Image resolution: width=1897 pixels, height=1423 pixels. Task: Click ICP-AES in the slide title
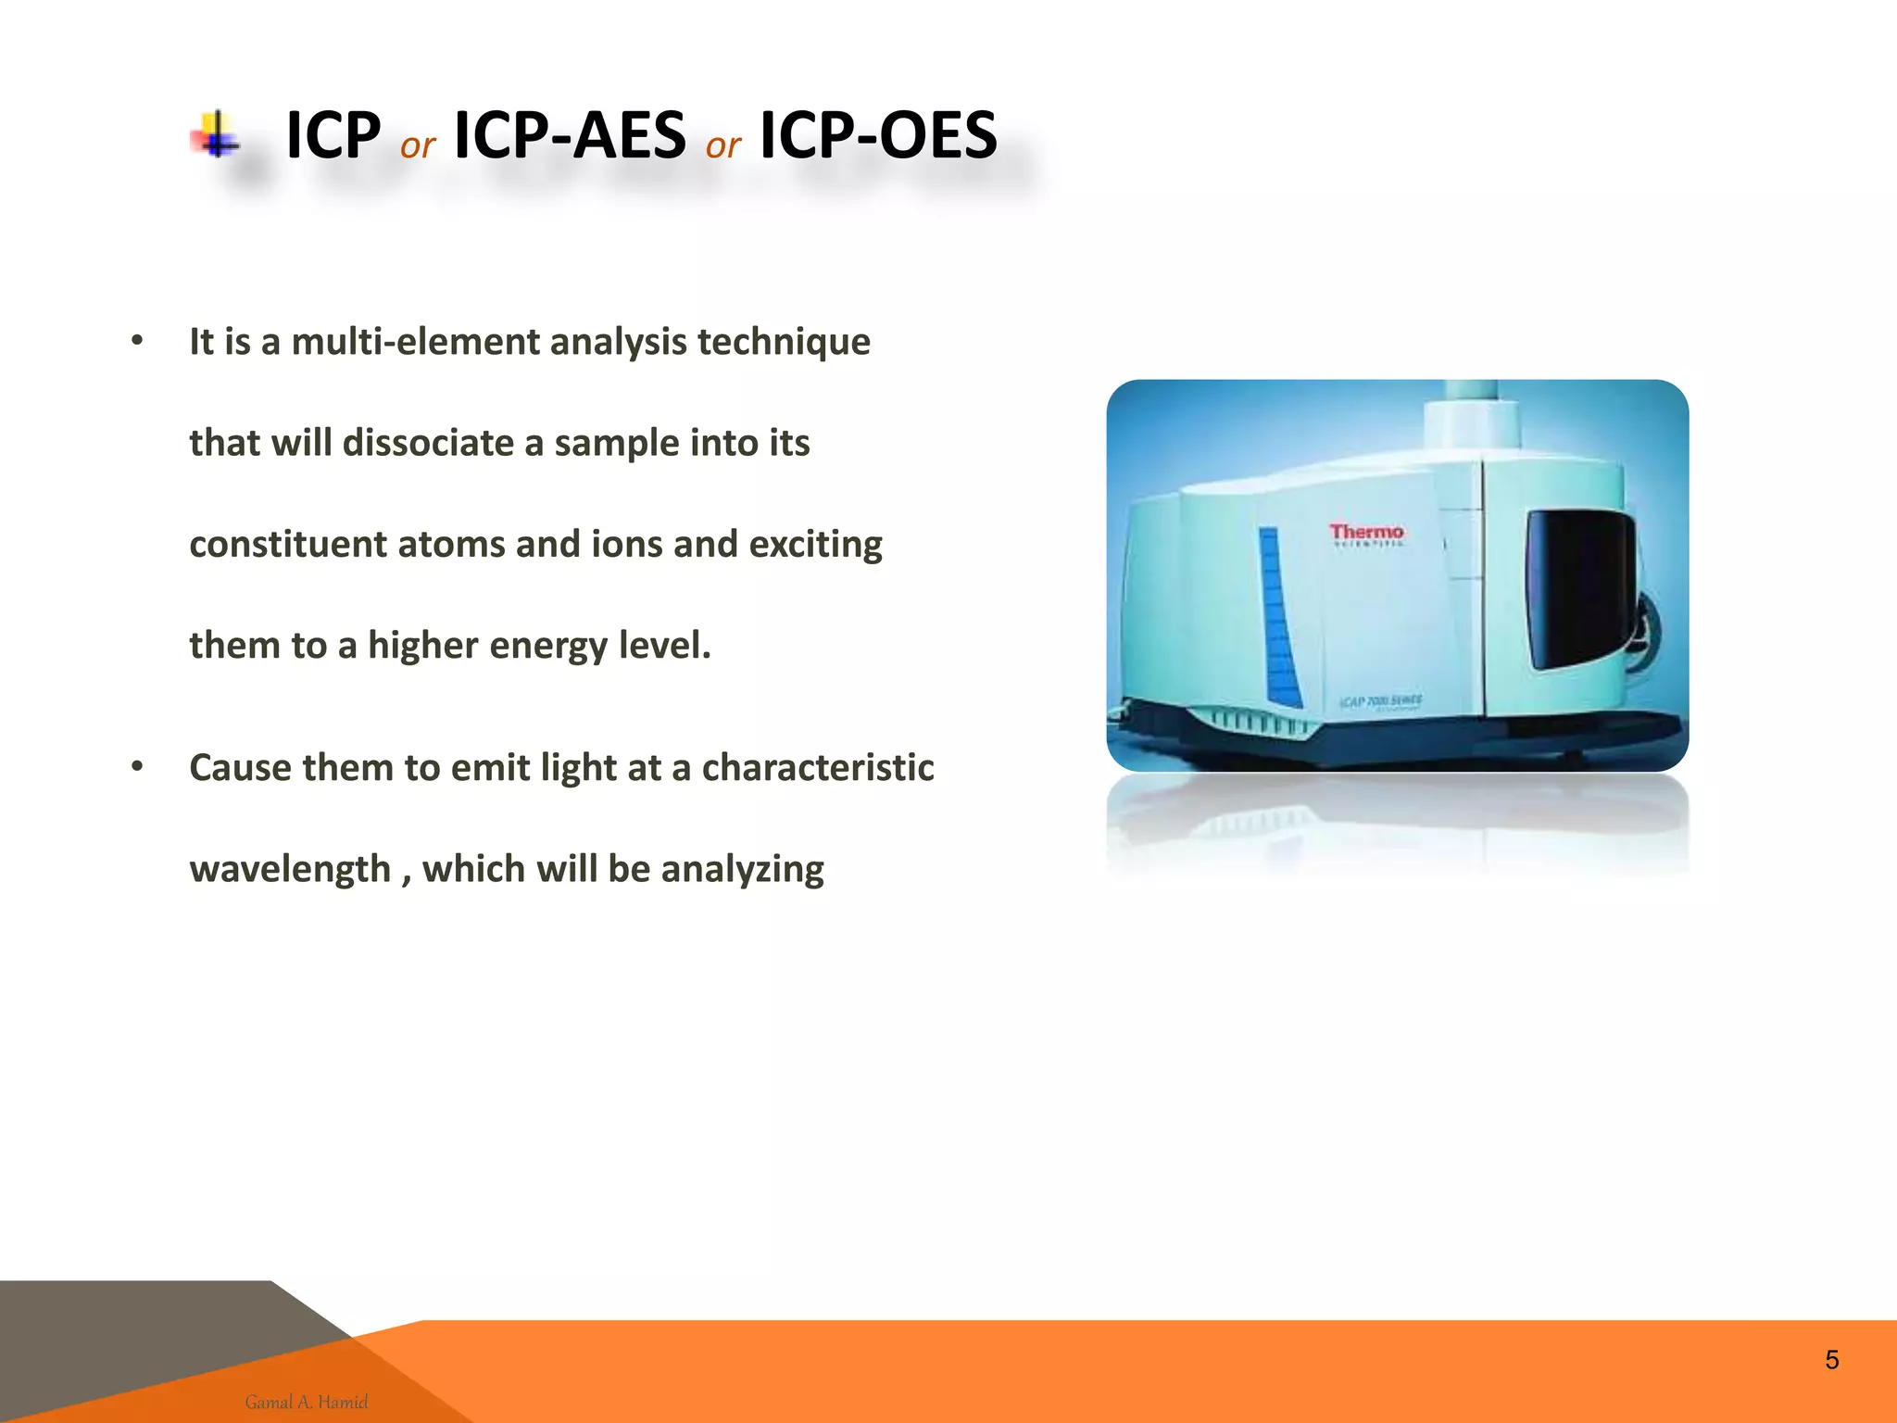click(570, 135)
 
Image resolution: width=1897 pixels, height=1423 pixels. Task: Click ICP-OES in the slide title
click(878, 135)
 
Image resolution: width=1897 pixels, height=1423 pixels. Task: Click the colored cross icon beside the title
click(216, 136)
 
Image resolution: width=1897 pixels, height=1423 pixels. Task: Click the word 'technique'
click(784, 342)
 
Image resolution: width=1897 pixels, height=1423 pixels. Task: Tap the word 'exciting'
click(815, 544)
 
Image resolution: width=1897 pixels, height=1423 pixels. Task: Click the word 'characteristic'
click(818, 767)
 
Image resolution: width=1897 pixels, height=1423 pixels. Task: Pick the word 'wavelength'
click(290, 869)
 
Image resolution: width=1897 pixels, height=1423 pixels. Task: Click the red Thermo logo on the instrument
click(1366, 533)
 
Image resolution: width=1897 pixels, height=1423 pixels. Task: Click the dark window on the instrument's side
click(1578, 588)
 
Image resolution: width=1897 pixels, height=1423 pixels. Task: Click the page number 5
click(1831, 1360)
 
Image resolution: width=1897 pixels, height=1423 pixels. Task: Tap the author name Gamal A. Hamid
click(307, 1402)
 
